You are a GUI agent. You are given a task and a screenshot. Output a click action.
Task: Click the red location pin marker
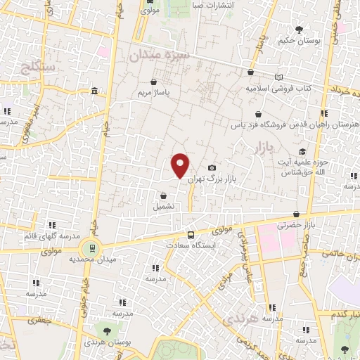coord(181,165)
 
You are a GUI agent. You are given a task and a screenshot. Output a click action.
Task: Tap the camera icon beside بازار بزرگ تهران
coord(212,168)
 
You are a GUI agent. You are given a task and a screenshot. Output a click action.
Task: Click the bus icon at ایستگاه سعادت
coord(191,235)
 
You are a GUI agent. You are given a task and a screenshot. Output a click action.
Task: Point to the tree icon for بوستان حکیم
coord(299,30)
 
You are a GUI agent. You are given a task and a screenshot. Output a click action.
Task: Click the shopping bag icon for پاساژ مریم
coord(153,82)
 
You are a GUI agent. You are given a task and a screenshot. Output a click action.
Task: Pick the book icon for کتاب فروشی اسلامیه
coord(279,77)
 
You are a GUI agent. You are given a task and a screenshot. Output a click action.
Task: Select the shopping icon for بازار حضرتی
coord(297,214)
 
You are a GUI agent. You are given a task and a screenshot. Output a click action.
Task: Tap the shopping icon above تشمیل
coord(163,196)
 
